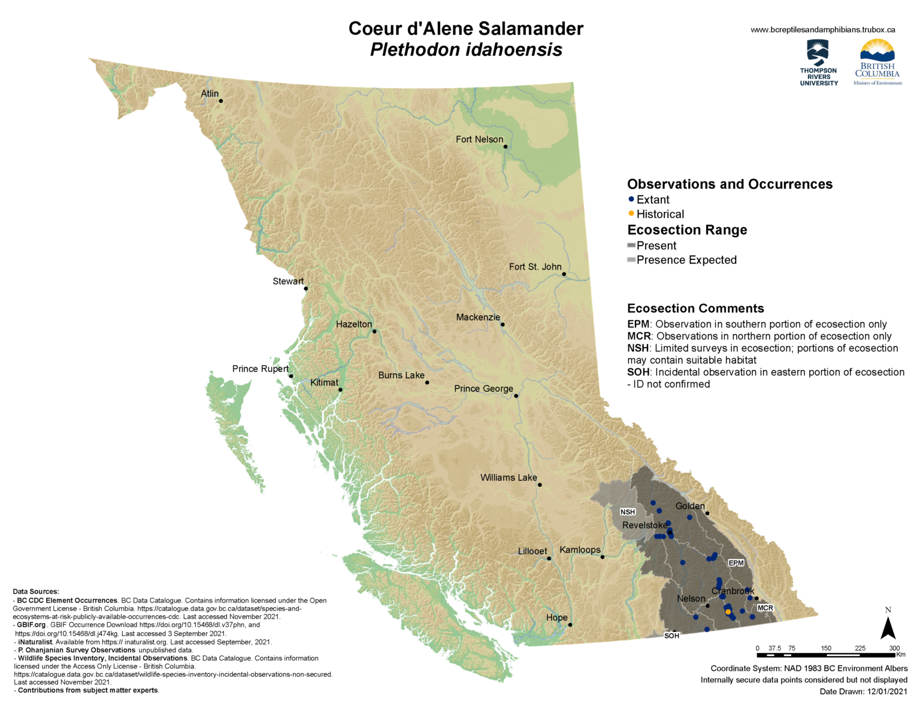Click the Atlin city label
pyautogui.click(x=210, y=94)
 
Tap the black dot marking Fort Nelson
pyautogui.click(x=506, y=147)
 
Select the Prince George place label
pyautogui.click(x=483, y=389)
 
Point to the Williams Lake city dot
pyautogui.click(x=540, y=485)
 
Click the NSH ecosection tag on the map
pyautogui.click(x=628, y=512)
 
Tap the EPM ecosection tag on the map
pyautogui.click(x=736, y=563)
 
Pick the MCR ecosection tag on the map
pyautogui.click(x=765, y=608)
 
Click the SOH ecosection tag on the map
pyautogui.click(x=671, y=636)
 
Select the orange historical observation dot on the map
pyautogui.click(x=728, y=612)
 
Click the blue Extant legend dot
pyautogui.click(x=631, y=199)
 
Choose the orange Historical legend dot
pyautogui.click(x=631, y=214)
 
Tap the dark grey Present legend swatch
pyautogui.click(x=631, y=246)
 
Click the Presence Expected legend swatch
pyautogui.click(x=631, y=260)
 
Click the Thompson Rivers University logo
pyautogui.click(x=819, y=63)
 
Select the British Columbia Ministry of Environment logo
pyautogui.click(x=877, y=62)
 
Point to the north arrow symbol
pyautogui.click(x=888, y=627)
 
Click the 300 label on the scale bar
pyautogui.click(x=894, y=648)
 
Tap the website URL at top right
pyautogui.click(x=823, y=29)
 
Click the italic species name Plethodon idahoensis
pyautogui.click(x=466, y=50)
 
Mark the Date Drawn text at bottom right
pyautogui.click(x=864, y=691)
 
